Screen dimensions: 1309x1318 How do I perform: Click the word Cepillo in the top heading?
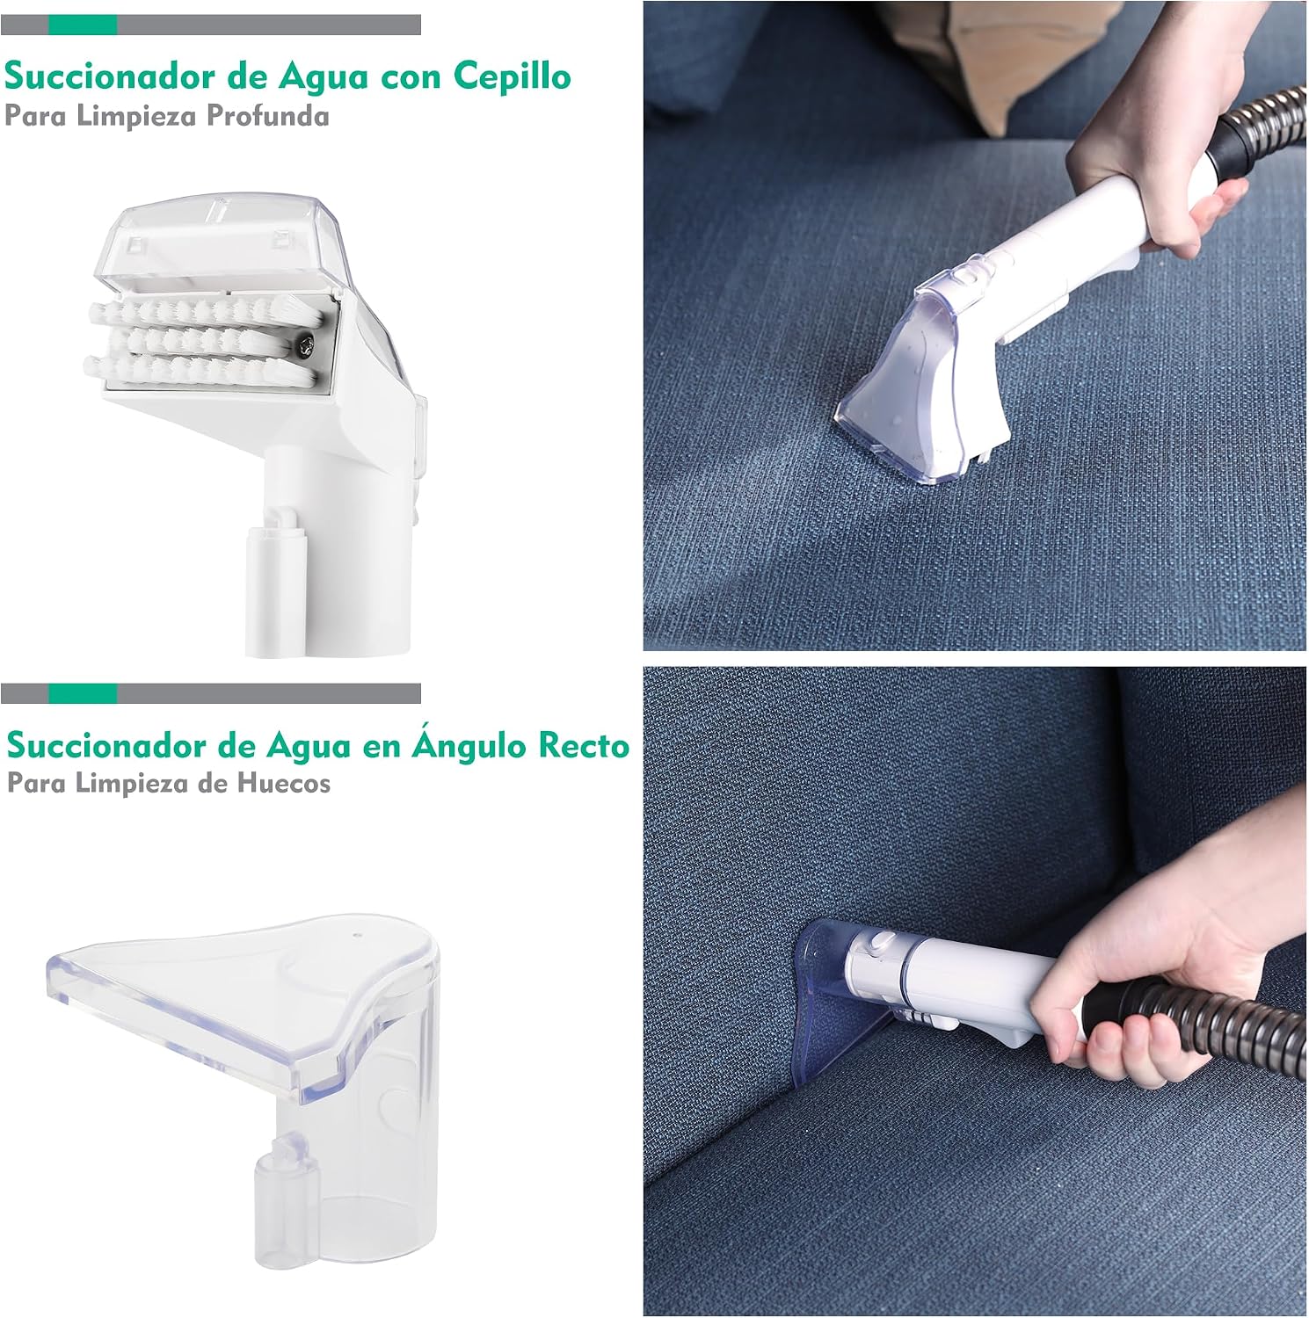[x=512, y=76]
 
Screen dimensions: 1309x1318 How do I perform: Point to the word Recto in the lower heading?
[x=585, y=746]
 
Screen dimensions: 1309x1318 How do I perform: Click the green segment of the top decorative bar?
[x=83, y=25]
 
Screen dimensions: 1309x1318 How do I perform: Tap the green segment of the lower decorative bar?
[x=83, y=693]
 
